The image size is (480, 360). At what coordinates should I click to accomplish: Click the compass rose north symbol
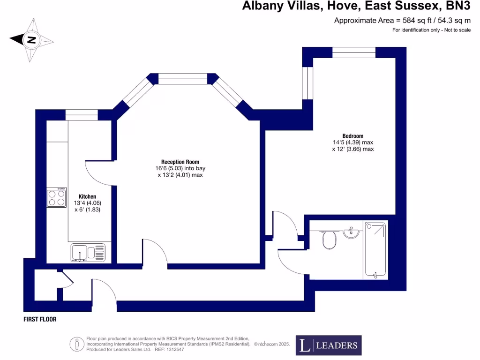(31, 40)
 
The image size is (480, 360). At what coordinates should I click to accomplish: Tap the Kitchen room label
(88, 196)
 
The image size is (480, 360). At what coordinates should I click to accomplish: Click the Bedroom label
(353, 136)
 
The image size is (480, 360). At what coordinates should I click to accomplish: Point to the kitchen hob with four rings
(56, 197)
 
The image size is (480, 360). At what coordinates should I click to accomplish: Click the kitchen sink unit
(89, 252)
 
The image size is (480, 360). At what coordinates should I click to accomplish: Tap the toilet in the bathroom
(330, 241)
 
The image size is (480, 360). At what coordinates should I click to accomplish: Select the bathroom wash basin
(351, 232)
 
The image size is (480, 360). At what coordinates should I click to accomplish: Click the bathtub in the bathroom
(375, 251)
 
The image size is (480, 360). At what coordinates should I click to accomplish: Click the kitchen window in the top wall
(82, 114)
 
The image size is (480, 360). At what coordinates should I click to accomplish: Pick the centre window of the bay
(183, 79)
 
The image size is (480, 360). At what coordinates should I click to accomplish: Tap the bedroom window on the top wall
(354, 52)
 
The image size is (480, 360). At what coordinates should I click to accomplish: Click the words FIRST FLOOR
(40, 319)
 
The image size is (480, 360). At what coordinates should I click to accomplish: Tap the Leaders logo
(328, 345)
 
